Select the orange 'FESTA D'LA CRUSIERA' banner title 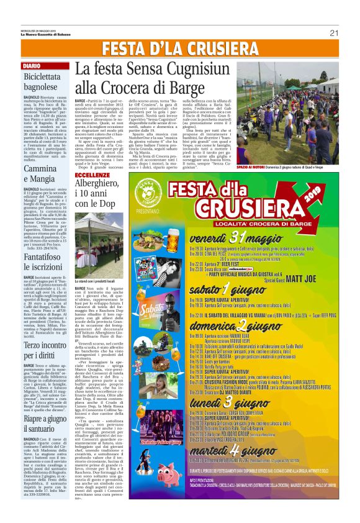tap(179, 48)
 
